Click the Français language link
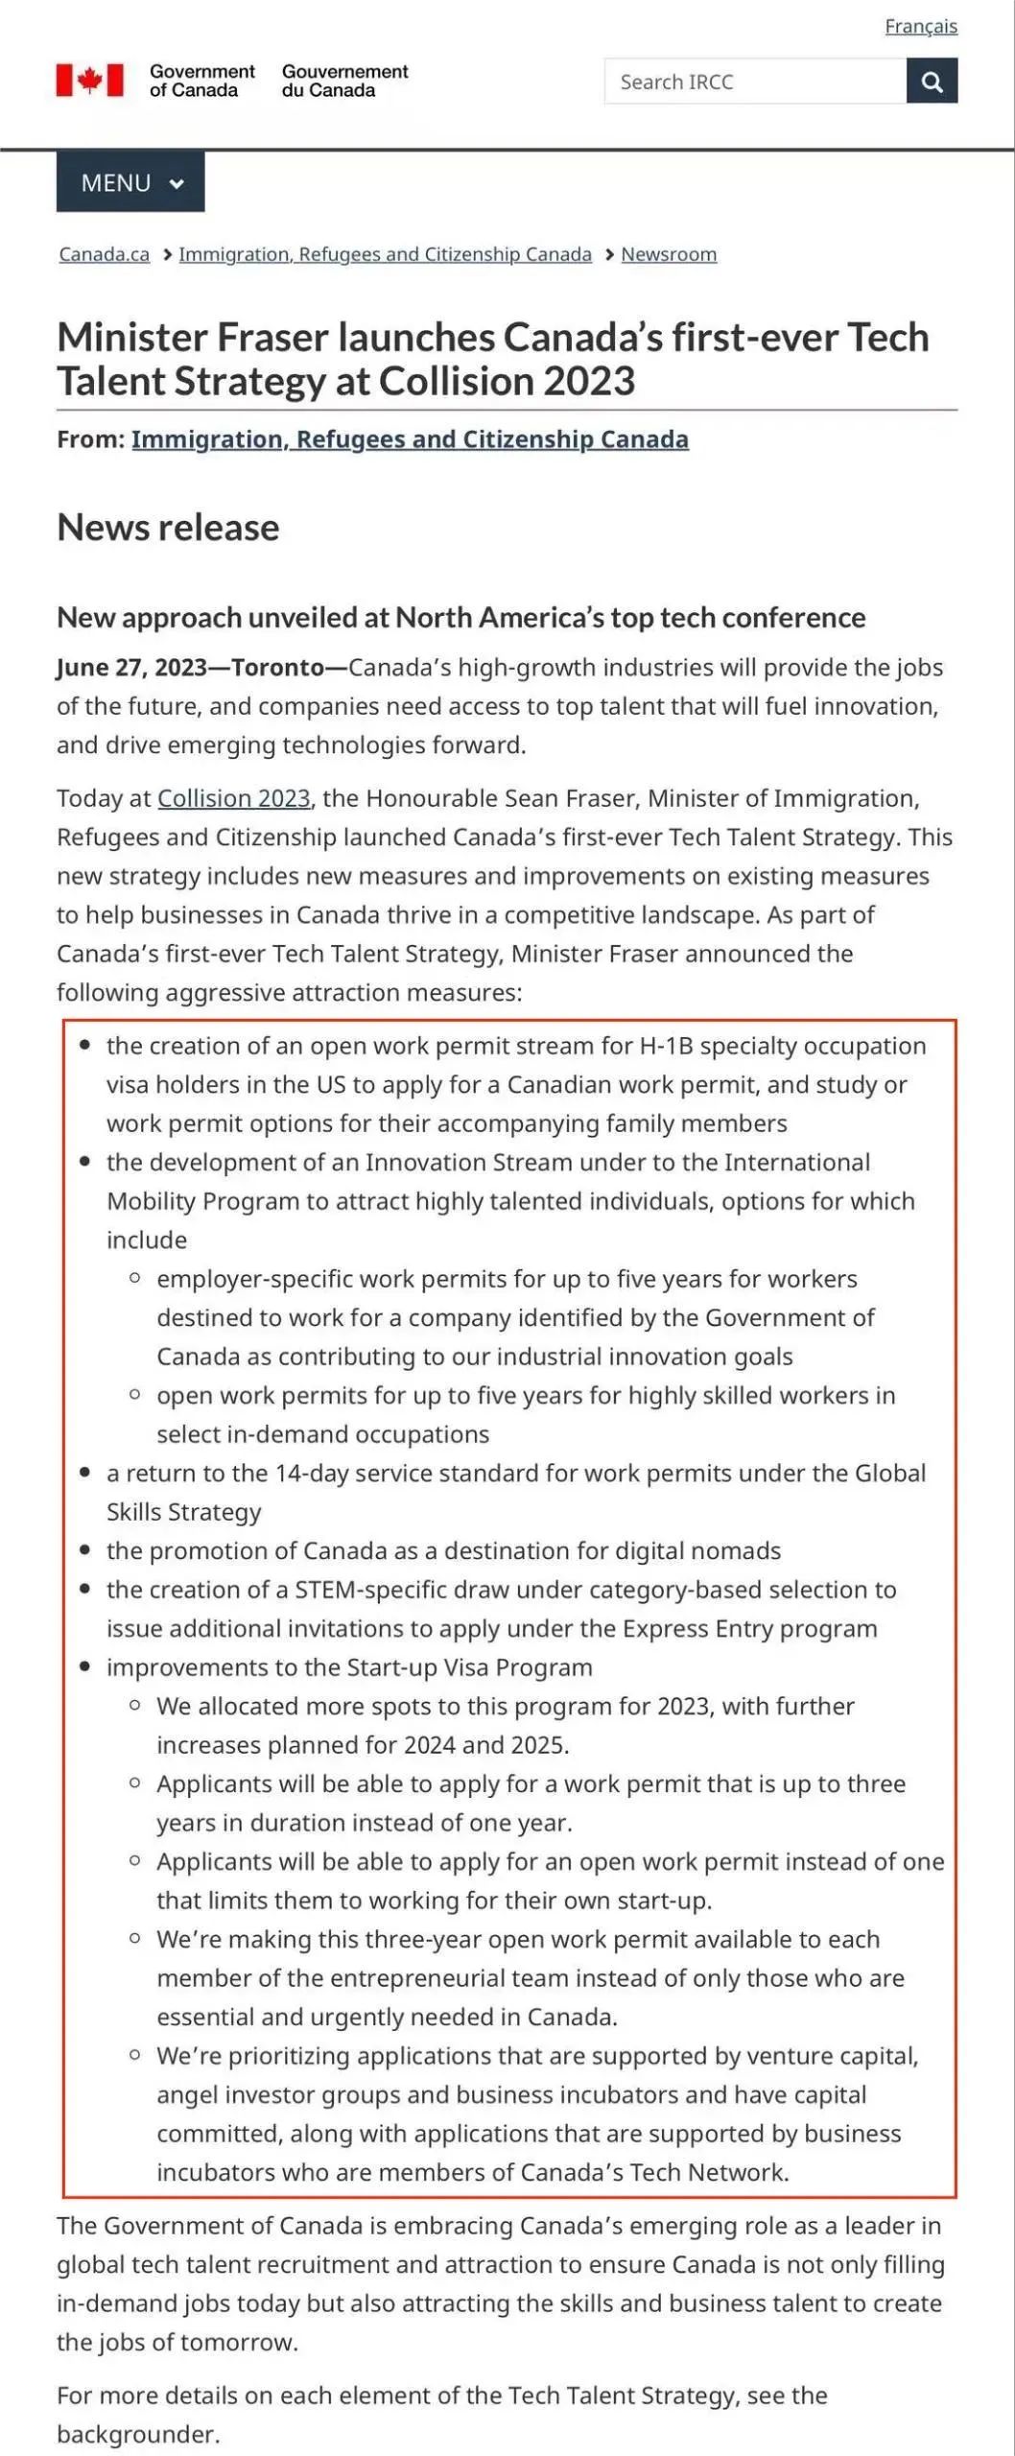(920, 26)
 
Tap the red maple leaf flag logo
(89, 81)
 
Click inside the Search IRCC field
(754, 82)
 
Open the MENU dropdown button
(130, 182)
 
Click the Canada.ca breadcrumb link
(104, 254)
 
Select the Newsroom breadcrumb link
(669, 254)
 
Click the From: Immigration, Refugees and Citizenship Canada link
(410, 439)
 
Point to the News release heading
(168, 528)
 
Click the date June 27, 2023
(130, 668)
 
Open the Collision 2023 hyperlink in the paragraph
(233, 798)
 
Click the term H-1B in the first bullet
(666, 1046)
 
